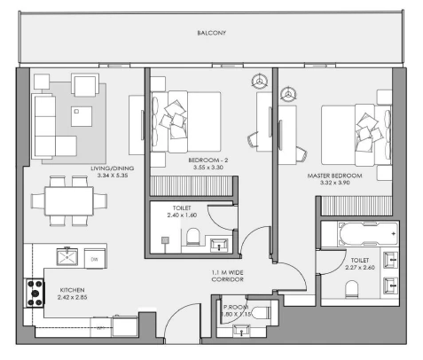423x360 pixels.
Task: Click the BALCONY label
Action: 211,33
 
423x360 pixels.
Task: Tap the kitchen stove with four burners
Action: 35,293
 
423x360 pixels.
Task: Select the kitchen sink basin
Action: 67,256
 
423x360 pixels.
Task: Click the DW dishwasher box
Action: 95,259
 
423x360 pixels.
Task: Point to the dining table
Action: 69,201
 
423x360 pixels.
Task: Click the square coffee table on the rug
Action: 82,116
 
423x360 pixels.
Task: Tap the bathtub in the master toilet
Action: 368,233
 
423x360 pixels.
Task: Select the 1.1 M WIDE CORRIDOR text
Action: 227,276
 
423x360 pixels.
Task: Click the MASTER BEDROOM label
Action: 334,176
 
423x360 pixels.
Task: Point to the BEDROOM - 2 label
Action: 208,160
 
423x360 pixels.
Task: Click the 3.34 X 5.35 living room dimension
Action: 113,176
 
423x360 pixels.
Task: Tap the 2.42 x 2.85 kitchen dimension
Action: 73,297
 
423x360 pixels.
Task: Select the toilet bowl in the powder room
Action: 261,313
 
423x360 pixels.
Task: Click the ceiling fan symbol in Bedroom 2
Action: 260,81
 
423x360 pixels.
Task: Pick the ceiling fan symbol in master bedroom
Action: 288,95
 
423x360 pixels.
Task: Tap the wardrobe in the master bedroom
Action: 356,206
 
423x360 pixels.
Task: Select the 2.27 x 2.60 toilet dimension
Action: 360,268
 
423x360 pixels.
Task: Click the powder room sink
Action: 241,331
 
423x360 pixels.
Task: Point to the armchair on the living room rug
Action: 85,85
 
